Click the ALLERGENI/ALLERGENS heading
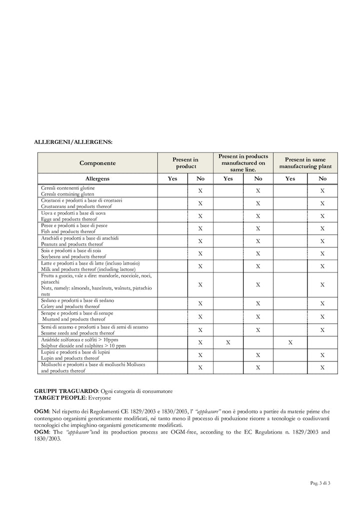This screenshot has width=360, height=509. click(x=73, y=142)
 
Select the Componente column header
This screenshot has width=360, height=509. click(x=97, y=163)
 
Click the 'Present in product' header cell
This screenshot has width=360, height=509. click(x=185, y=163)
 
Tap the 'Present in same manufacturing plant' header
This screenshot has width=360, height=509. click(x=305, y=163)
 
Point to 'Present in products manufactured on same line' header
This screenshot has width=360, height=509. click(x=243, y=163)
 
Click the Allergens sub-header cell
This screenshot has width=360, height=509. click(x=97, y=178)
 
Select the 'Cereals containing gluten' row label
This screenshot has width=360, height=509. click(x=67, y=194)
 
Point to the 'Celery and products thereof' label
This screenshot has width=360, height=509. click(x=70, y=306)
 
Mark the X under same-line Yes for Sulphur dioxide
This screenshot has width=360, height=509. click(x=228, y=342)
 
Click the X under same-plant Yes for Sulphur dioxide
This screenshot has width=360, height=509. click(x=290, y=342)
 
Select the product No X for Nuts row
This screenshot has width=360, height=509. click(x=200, y=285)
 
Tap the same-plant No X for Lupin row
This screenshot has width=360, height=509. click(x=322, y=355)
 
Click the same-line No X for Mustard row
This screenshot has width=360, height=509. click(x=258, y=316)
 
